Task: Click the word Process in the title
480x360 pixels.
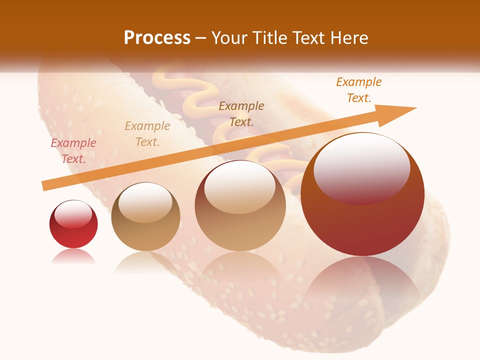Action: point(157,38)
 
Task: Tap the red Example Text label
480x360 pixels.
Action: point(73,151)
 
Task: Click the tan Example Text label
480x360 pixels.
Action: point(147,134)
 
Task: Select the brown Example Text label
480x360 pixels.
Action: point(241,113)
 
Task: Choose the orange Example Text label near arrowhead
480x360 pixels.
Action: point(358,90)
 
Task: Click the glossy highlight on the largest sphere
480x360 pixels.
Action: point(362,167)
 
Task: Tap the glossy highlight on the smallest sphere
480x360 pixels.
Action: point(73,214)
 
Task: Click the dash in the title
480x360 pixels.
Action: point(201,38)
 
